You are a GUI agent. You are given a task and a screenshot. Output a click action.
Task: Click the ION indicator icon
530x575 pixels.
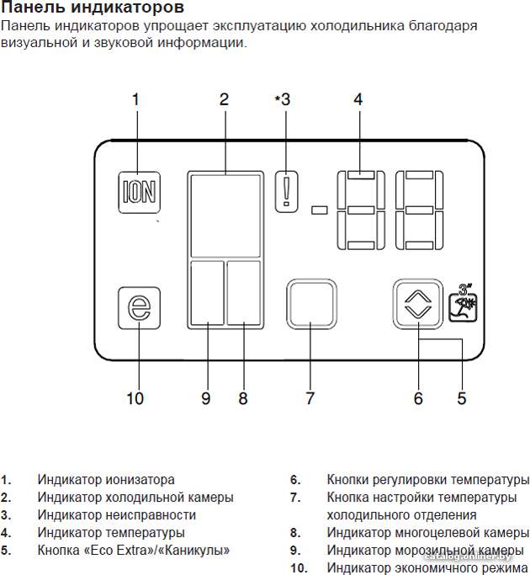[x=140, y=192]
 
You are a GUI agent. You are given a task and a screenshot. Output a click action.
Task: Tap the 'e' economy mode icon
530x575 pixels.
[x=140, y=308]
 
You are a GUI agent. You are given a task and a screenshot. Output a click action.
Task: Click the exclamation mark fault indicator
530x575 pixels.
[x=287, y=192]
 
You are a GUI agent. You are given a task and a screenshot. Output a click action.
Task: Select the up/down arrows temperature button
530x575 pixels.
[x=418, y=305]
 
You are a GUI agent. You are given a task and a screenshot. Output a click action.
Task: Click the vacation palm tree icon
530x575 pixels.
[x=464, y=303]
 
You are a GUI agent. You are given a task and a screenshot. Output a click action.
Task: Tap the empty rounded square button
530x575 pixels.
[x=311, y=304]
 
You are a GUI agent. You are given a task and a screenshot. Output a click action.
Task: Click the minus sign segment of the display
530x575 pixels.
[x=319, y=210]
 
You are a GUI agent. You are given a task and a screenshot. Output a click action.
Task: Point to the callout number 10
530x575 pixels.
[x=135, y=398]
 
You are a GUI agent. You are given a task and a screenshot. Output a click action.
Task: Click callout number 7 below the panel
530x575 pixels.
[x=310, y=398]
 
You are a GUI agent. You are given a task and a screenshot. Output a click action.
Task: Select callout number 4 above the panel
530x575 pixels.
[x=358, y=99]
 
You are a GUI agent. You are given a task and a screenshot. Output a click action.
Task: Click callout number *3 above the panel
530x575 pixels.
[x=283, y=99]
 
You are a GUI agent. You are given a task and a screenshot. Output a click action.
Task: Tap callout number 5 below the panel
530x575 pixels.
[x=462, y=398]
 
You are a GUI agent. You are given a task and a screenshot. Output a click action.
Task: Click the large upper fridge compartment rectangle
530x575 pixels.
[x=225, y=216]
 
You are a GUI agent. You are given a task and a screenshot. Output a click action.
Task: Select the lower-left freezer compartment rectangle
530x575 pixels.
[x=208, y=293]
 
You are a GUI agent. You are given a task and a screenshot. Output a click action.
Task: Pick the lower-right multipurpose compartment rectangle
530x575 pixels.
[x=244, y=293]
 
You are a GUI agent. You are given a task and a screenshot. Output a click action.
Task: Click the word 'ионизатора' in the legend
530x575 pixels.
[x=140, y=480]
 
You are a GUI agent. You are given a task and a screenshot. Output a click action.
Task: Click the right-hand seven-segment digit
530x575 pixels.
[x=419, y=210]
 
